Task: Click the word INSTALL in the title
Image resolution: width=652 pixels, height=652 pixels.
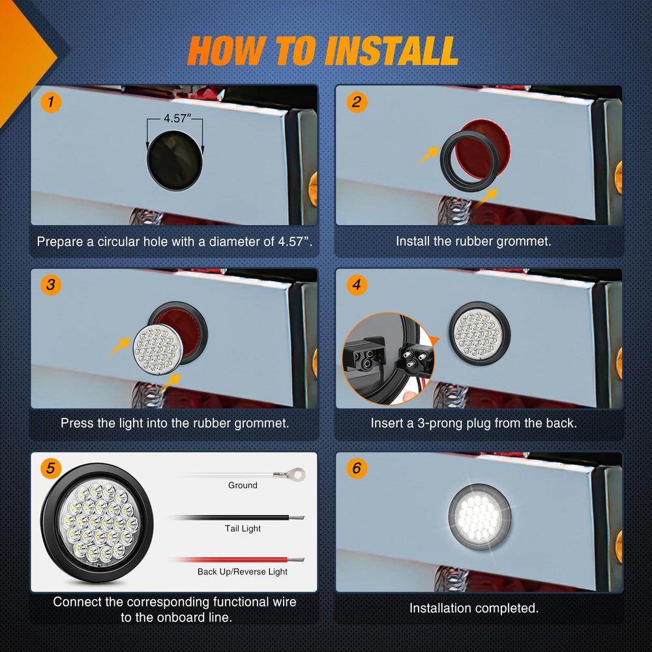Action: pyautogui.click(x=391, y=51)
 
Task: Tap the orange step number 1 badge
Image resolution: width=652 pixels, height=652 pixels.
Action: pyautogui.click(x=51, y=102)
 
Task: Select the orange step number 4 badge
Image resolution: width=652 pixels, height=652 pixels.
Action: pyautogui.click(x=357, y=285)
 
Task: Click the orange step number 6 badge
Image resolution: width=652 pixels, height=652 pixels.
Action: pyautogui.click(x=357, y=468)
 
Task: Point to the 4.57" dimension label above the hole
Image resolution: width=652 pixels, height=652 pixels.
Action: pyautogui.click(x=177, y=119)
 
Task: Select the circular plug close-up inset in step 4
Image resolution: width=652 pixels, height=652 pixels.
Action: pyautogui.click(x=388, y=359)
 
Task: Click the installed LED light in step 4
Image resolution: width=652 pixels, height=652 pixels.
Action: pyautogui.click(x=479, y=333)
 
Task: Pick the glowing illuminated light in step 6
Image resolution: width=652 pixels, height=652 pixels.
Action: pyautogui.click(x=480, y=517)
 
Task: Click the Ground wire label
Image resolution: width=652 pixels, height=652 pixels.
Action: pyautogui.click(x=243, y=485)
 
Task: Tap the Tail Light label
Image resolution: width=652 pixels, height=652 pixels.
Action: pyautogui.click(x=243, y=529)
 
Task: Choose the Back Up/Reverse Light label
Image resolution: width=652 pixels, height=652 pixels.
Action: pyautogui.click(x=243, y=572)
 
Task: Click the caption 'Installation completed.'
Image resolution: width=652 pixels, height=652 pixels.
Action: pyautogui.click(x=474, y=608)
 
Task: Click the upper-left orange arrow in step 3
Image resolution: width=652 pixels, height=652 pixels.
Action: pyautogui.click(x=120, y=347)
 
